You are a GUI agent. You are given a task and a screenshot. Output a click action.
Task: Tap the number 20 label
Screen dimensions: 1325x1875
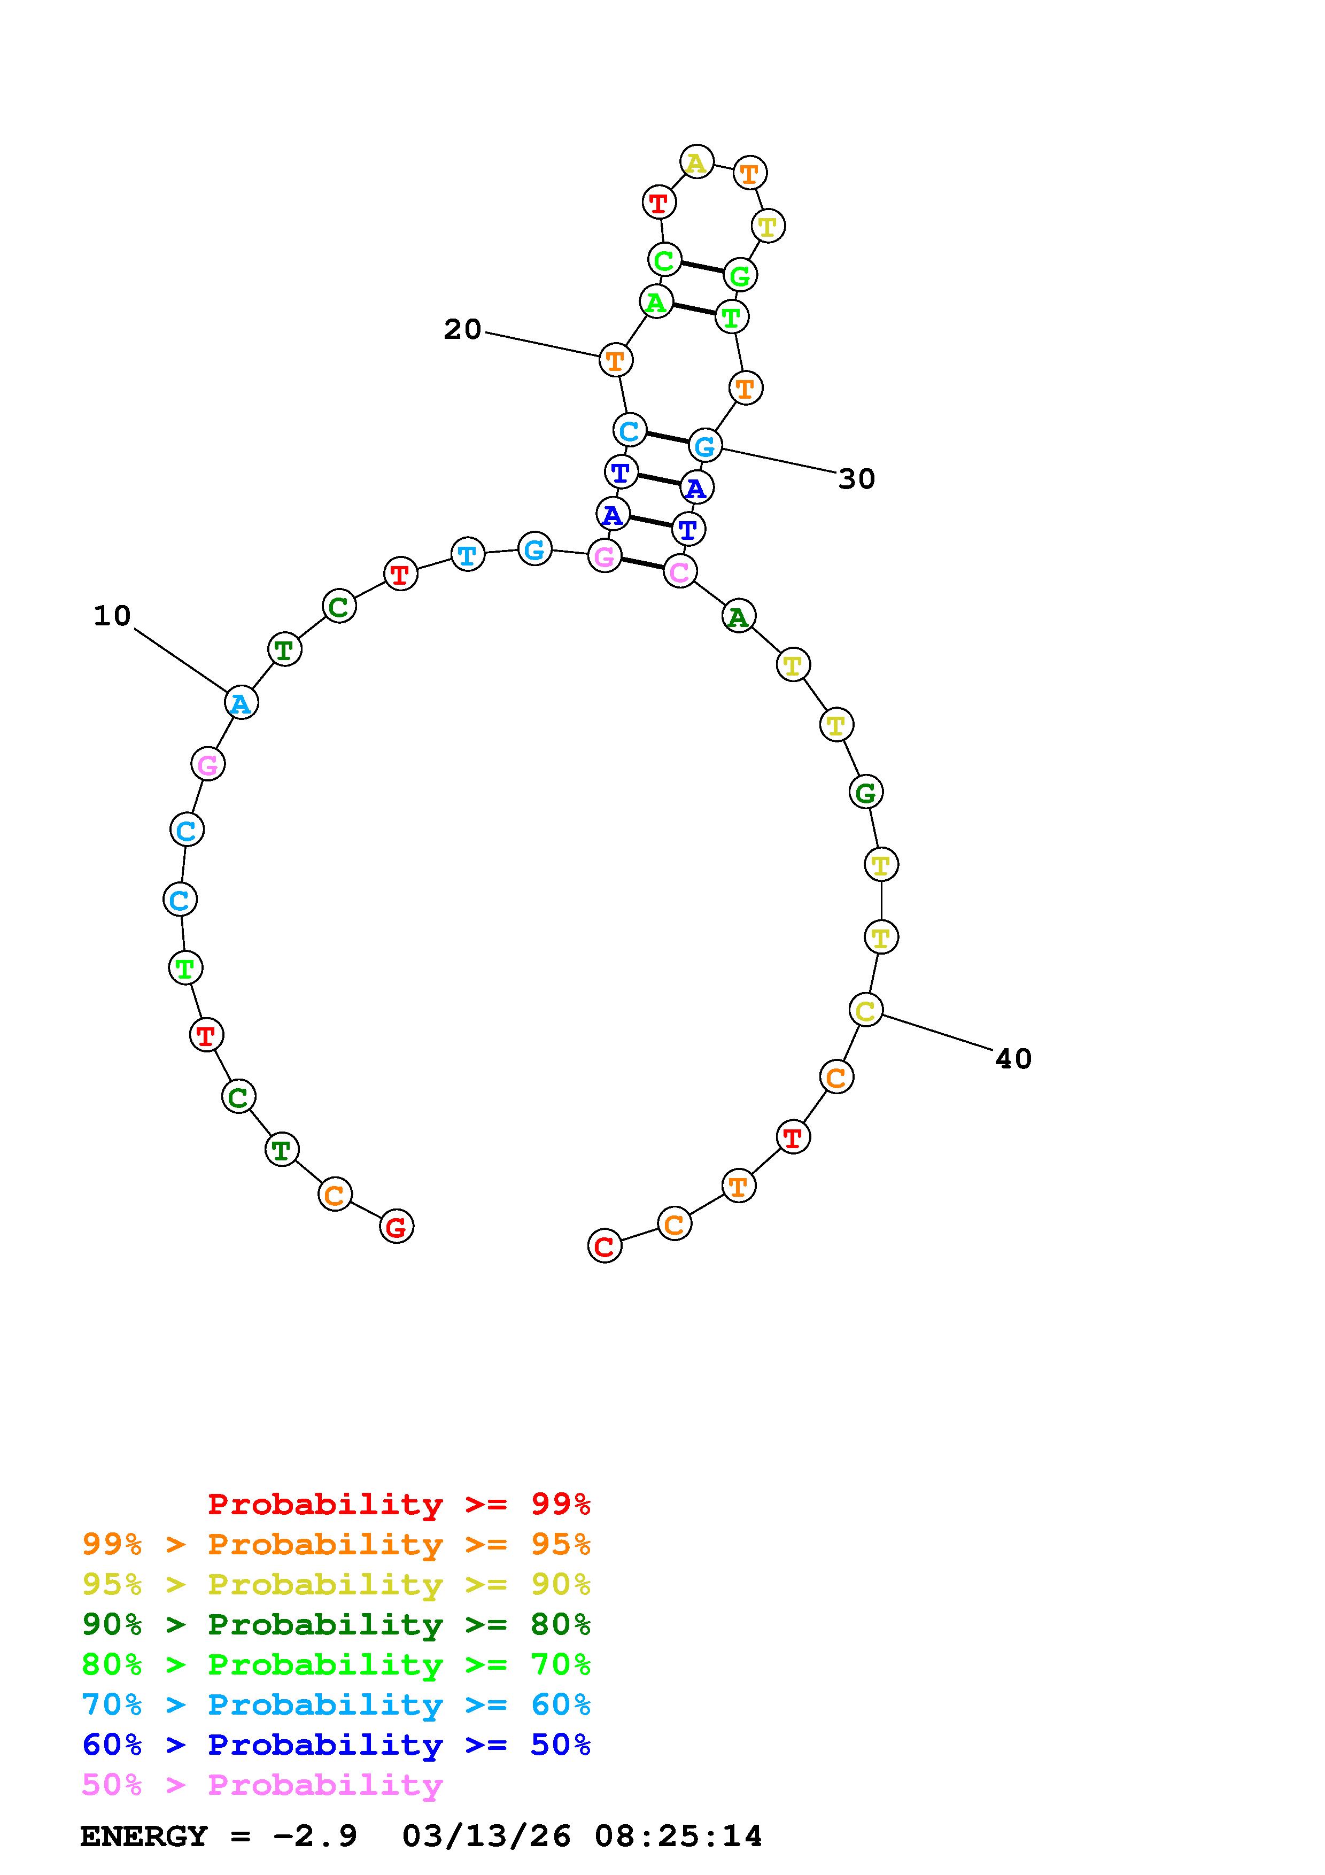[462, 329]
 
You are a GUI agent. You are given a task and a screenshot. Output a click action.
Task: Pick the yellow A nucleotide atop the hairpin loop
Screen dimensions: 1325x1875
[696, 162]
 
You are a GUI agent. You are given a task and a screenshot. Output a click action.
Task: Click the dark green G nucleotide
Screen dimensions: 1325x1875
[865, 792]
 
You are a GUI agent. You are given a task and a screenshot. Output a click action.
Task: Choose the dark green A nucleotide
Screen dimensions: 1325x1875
[738, 616]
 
